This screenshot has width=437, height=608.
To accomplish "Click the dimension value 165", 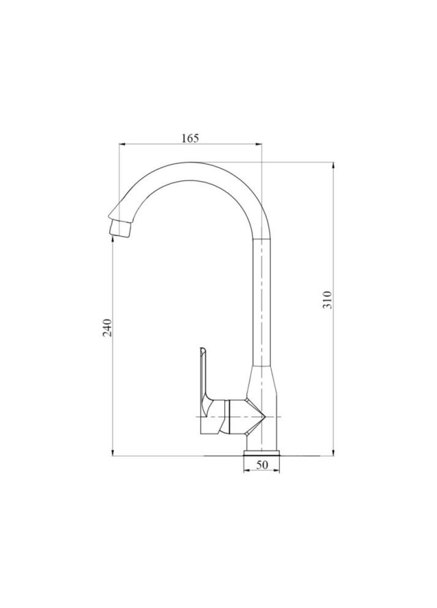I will (x=190, y=138).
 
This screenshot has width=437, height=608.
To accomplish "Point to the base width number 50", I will (x=262, y=465).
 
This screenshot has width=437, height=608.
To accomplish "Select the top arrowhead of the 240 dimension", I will (x=113, y=238).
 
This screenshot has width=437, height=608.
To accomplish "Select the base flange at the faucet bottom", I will (x=262, y=453).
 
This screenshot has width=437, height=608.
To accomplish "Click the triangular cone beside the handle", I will (x=257, y=417).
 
